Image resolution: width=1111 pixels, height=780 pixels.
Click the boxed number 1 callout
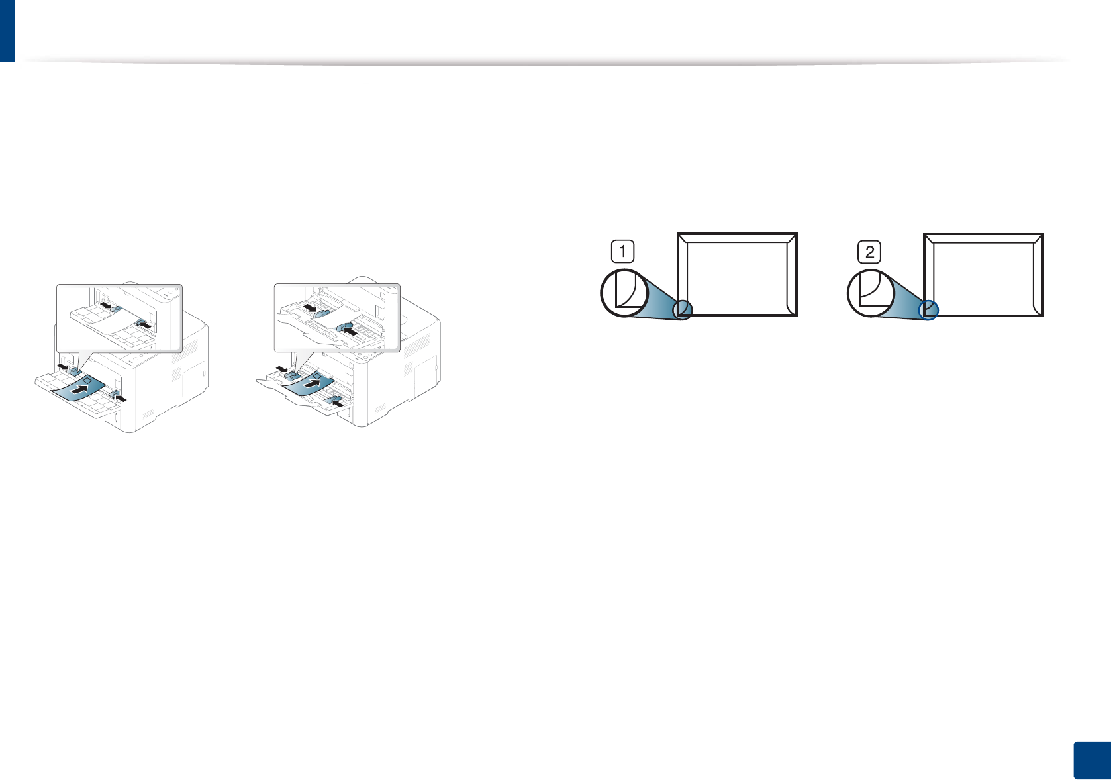622,252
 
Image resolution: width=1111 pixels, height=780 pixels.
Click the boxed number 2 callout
869,252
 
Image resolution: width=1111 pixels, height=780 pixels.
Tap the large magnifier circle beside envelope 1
623,292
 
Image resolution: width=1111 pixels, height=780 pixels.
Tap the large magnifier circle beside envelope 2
870,292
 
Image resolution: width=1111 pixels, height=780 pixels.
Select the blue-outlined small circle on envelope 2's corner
929,309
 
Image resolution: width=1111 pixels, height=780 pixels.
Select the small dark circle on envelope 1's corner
683,310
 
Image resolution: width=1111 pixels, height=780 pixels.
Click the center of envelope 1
738,274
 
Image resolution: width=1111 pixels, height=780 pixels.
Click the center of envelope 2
984,274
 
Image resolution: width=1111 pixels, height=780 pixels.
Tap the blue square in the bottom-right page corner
1090,760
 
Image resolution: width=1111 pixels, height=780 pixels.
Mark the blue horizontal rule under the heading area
281,179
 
